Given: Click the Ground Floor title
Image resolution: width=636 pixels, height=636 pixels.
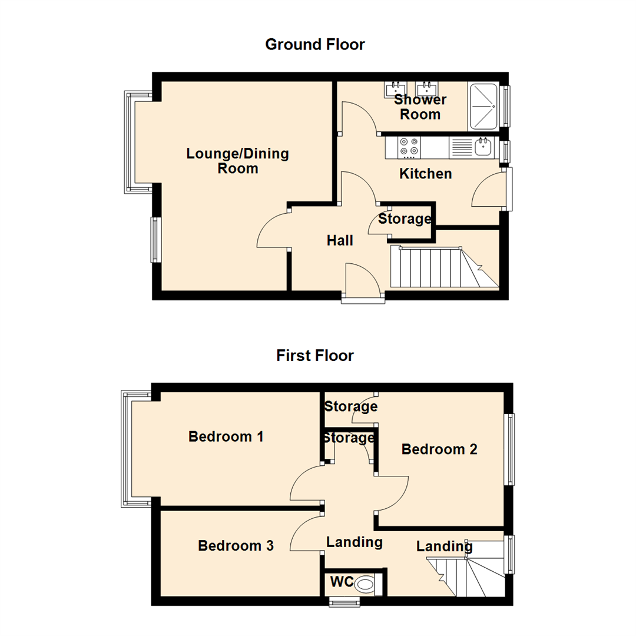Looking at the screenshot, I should [x=315, y=45].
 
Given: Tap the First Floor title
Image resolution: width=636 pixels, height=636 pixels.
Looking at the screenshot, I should [x=315, y=356].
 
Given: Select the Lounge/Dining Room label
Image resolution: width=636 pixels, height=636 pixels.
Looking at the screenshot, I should [x=237, y=161].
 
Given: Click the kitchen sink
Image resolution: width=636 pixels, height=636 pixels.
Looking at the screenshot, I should [x=482, y=147].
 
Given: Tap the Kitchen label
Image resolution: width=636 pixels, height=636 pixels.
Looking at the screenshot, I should [x=425, y=174].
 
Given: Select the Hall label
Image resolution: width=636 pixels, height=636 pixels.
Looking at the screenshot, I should [x=340, y=240].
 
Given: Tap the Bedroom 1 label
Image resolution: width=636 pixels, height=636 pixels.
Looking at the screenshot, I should [x=226, y=437].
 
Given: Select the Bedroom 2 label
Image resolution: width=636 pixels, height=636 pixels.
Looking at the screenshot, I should [x=439, y=449].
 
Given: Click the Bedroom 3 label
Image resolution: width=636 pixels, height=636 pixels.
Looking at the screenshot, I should [x=236, y=546].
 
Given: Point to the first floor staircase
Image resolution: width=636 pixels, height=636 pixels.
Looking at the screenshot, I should [x=468, y=571].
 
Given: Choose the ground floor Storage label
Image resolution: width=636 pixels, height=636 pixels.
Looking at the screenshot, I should [x=404, y=220].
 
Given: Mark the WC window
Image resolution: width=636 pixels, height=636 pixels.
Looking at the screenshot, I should [x=344, y=601].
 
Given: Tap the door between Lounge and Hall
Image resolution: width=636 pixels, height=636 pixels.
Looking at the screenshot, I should [x=272, y=231].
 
